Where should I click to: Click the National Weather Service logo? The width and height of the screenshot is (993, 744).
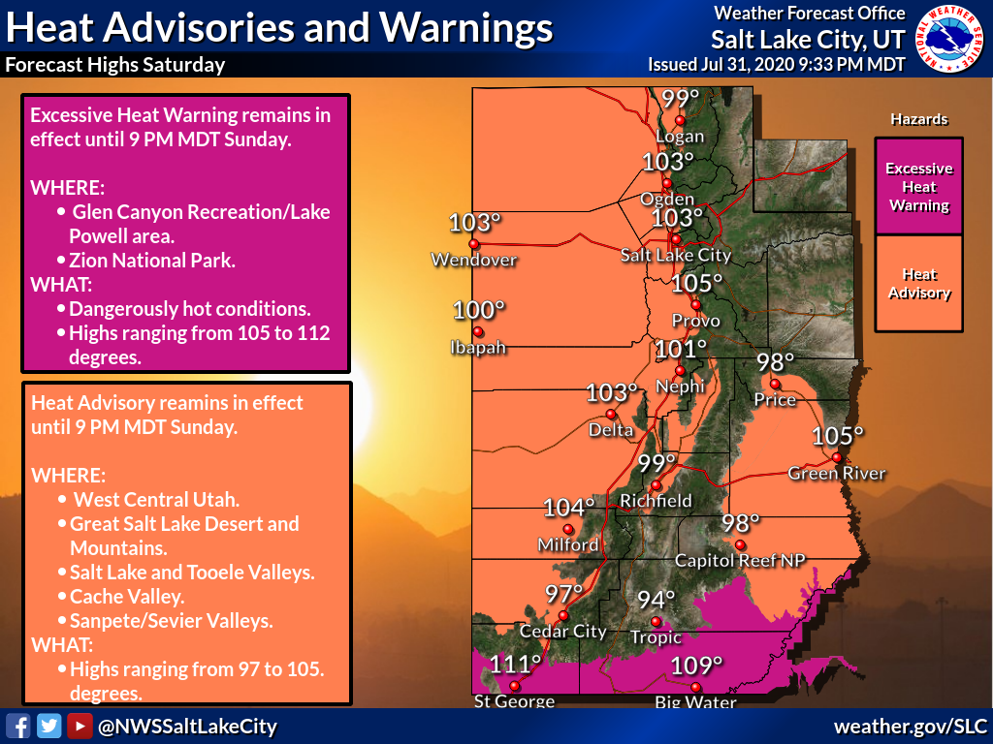coord(949,39)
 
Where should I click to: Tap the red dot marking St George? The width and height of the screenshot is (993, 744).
coord(515,686)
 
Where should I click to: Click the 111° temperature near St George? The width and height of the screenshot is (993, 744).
coord(515,664)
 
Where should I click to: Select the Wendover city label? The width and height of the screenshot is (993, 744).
coord(474,260)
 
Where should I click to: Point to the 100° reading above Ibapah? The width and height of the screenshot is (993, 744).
coord(480,311)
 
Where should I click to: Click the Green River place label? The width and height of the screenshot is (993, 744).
coord(836,473)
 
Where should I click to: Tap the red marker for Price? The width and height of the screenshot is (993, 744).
coord(774,383)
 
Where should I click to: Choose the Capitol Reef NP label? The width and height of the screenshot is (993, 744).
coord(740,560)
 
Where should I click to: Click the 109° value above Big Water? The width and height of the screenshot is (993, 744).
coord(697,666)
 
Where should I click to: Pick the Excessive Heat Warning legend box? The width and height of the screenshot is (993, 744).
coord(918,186)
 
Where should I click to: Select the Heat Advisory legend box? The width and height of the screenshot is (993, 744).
coord(918,284)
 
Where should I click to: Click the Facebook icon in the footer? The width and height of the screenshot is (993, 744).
coord(17,726)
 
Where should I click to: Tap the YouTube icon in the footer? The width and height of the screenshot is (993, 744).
coord(80,726)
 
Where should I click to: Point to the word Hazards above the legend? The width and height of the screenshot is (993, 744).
coord(918,119)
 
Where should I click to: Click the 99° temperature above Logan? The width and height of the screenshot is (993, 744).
coord(680,99)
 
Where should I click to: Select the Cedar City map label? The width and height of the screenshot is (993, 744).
coord(563,632)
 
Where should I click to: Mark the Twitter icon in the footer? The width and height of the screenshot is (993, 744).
coord(48,726)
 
